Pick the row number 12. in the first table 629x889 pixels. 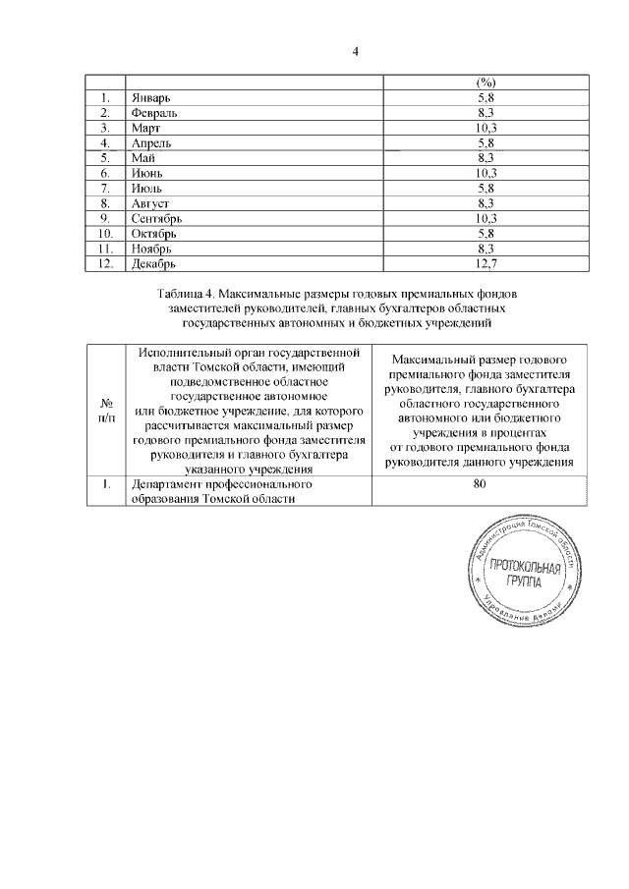pyautogui.click(x=103, y=263)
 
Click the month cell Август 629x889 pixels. pyautogui.click(x=149, y=203)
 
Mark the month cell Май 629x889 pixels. pyautogui.click(x=143, y=158)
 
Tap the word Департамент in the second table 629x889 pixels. pyautogui.click(x=166, y=484)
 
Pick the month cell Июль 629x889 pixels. pyautogui.click(x=145, y=189)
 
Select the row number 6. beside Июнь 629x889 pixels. pyautogui.click(x=103, y=174)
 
